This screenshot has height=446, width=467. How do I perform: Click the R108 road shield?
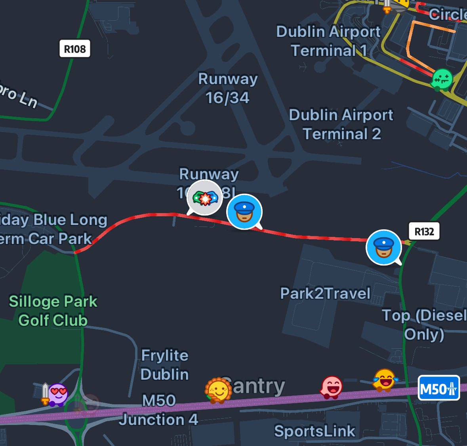75,49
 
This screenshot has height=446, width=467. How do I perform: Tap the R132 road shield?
424,232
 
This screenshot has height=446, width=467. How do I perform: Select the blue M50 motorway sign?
439,388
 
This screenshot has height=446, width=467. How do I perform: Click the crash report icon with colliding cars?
205,198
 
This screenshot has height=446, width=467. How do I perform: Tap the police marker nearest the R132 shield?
384,247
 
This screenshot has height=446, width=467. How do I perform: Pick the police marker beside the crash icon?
244,211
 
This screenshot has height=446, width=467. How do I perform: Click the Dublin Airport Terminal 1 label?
328,41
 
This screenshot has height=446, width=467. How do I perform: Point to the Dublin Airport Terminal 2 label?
341,124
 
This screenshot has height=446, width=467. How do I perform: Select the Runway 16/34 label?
228,88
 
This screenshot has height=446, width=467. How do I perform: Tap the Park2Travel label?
325,294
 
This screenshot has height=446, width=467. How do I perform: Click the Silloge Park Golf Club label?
53,311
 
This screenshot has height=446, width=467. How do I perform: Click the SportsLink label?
315,431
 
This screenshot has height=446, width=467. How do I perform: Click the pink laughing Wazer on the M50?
331,387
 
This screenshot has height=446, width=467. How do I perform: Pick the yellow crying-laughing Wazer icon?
384,379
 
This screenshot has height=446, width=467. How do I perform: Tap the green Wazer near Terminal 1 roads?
441,79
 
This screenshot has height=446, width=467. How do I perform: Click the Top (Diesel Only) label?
424,325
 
